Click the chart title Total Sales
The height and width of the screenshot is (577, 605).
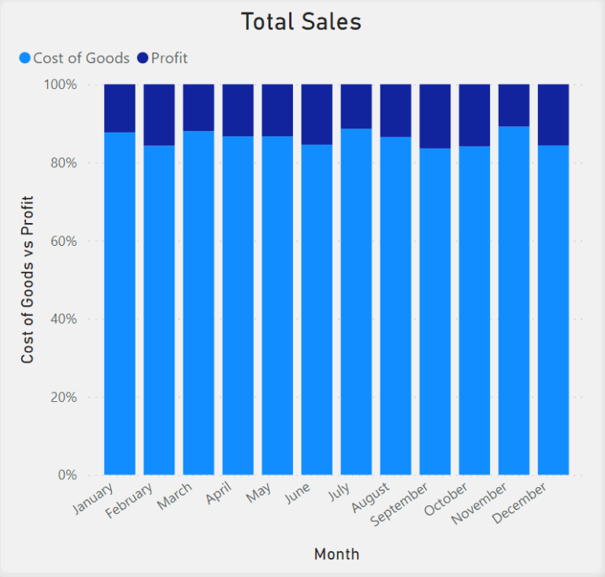(301, 22)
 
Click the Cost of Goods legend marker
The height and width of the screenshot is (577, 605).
(24, 58)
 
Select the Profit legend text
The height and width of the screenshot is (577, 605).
(169, 58)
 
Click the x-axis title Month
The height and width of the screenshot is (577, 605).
(336, 554)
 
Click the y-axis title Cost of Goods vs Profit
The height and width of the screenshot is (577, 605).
(28, 280)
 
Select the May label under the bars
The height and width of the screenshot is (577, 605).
(261, 494)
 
